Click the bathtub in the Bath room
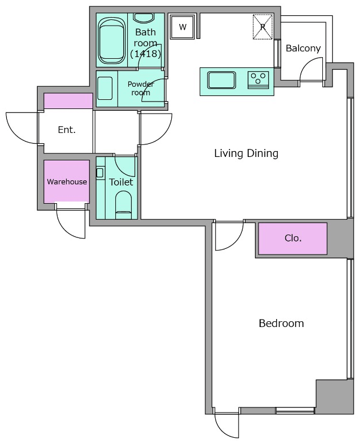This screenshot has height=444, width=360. [x=111, y=41]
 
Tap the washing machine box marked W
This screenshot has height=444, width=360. [x=183, y=27]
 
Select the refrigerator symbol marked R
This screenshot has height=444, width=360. [x=262, y=27]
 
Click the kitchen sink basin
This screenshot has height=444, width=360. [x=221, y=80]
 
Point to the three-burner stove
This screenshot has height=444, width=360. [x=258, y=79]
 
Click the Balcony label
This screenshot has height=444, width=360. [x=303, y=48]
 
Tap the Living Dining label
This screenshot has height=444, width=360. [x=246, y=153]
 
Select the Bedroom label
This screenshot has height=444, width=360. [x=281, y=323]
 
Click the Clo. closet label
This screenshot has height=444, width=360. [x=293, y=238]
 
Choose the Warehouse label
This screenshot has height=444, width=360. [x=67, y=181]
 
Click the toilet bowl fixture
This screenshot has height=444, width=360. [x=124, y=205]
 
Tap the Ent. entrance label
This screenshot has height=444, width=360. [x=67, y=130]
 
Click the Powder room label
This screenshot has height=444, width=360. [x=141, y=88]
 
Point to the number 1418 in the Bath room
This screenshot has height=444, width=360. [x=145, y=54]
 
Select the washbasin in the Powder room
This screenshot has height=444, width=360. [x=105, y=88]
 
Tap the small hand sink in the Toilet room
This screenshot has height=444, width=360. [x=100, y=173]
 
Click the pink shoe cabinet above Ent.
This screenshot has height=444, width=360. [x=68, y=101]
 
